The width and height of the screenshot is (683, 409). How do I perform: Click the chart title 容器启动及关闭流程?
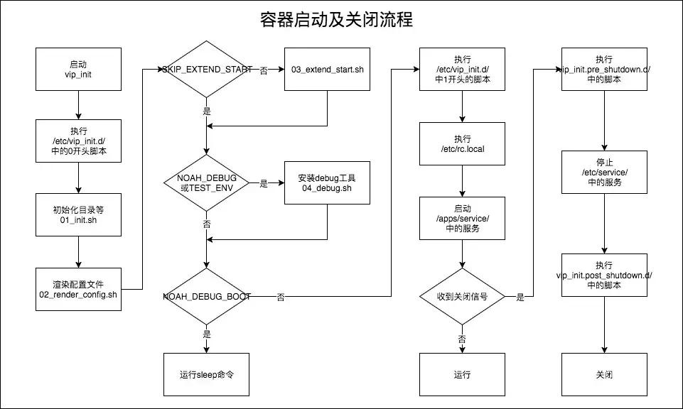[x=336, y=19]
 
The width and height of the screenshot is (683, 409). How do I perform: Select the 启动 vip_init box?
[x=78, y=70]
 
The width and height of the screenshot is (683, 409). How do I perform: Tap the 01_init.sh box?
[x=78, y=214]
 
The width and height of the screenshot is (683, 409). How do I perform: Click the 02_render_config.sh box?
[x=78, y=289]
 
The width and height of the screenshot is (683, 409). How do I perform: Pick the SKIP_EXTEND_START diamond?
[x=206, y=70]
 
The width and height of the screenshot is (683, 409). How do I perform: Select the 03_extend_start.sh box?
[x=327, y=70]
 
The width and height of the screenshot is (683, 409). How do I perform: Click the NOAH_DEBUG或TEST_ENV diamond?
[x=206, y=183]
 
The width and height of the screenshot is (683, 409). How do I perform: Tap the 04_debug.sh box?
[x=327, y=183]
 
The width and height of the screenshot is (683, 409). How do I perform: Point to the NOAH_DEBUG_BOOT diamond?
[x=206, y=297]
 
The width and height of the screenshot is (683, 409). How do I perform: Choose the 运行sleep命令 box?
[x=206, y=374]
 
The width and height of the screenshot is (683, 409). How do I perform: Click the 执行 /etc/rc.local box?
[x=462, y=144]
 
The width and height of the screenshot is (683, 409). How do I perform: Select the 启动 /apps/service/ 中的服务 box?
[x=462, y=218]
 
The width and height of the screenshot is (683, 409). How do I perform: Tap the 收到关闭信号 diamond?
[x=462, y=297]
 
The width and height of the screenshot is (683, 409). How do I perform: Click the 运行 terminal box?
[x=462, y=374]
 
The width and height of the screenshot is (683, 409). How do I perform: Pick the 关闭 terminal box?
[x=604, y=374]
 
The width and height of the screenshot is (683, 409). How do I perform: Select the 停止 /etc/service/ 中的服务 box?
[x=604, y=173]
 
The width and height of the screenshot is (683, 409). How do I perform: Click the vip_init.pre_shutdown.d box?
[x=604, y=70]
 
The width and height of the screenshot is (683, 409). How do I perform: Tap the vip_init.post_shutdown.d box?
[x=604, y=275]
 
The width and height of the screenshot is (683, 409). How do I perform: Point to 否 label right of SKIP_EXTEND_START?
[x=264, y=70]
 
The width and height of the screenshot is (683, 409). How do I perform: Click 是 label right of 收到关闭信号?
[x=520, y=298]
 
